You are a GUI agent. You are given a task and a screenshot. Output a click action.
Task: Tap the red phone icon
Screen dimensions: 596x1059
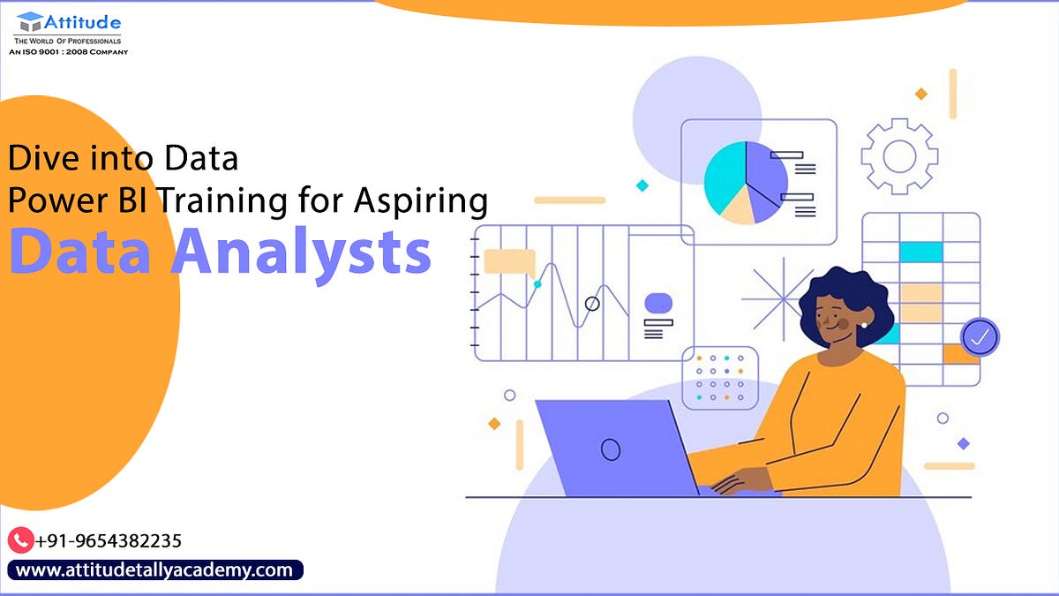pos(20,540)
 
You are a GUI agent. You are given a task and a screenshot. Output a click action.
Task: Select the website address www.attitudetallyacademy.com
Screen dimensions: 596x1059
pos(154,570)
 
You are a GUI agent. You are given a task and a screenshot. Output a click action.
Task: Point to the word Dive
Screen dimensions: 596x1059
pos(42,159)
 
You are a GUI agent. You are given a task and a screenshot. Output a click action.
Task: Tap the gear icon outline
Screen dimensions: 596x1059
pos(899,156)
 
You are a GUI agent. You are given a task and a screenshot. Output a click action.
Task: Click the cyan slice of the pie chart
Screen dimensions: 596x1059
pos(725,177)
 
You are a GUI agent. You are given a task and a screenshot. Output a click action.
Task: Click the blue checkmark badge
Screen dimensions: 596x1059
pos(980,336)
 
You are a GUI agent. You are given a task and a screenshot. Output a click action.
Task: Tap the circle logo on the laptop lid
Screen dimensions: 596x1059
pos(611,449)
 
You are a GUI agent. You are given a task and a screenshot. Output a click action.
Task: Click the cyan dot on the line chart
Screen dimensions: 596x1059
pos(537,284)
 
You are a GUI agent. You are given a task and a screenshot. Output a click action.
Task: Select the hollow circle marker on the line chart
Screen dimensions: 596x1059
pos(592,304)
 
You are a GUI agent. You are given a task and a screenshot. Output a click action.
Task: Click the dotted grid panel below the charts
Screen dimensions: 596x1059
pos(719,378)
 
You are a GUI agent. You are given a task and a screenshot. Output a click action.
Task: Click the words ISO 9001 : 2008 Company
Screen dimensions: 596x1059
pos(69,52)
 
